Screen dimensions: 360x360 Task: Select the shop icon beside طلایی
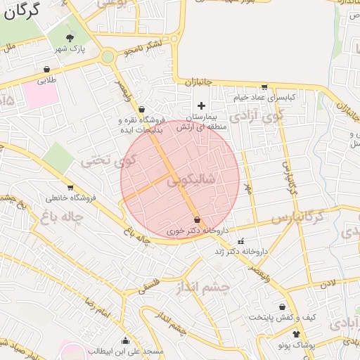click(x=46, y=70)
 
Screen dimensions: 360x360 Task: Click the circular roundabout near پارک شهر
click(x=108, y=57)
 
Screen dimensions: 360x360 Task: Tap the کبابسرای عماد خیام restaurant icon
click(x=264, y=87)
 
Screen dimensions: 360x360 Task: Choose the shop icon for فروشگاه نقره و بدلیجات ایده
click(x=142, y=110)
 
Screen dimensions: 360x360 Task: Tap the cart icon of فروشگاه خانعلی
click(x=70, y=188)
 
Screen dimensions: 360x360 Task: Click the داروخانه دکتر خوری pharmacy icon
click(x=196, y=221)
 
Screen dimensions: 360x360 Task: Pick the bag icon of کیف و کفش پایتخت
click(x=282, y=307)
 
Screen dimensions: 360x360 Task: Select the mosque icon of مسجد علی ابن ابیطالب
click(x=125, y=340)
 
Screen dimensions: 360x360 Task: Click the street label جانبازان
click(x=198, y=84)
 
